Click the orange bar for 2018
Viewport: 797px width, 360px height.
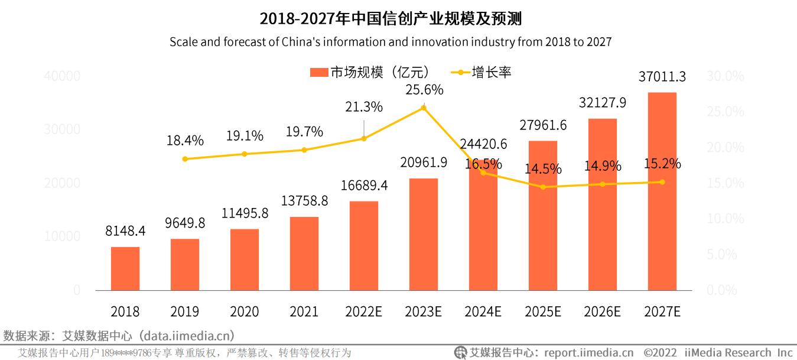click(x=125, y=268)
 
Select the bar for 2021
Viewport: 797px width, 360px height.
click(x=304, y=254)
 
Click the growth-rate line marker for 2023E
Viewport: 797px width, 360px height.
click(x=423, y=108)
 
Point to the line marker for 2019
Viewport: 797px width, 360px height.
click(x=185, y=159)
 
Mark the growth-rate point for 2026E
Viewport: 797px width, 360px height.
click(x=603, y=184)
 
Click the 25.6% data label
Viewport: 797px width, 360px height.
click(x=424, y=90)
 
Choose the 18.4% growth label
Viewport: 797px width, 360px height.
click(x=185, y=141)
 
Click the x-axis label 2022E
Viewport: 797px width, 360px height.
click(x=363, y=312)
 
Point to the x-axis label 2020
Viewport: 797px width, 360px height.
click(x=244, y=312)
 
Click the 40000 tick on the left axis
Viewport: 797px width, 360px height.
click(x=61, y=76)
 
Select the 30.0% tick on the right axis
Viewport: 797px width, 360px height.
click(x=726, y=76)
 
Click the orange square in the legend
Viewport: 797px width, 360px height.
click(x=318, y=73)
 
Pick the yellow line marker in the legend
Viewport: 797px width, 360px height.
click(x=460, y=73)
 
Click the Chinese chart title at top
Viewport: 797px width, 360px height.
click(x=391, y=20)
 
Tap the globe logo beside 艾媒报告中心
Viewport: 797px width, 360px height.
click(x=460, y=353)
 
